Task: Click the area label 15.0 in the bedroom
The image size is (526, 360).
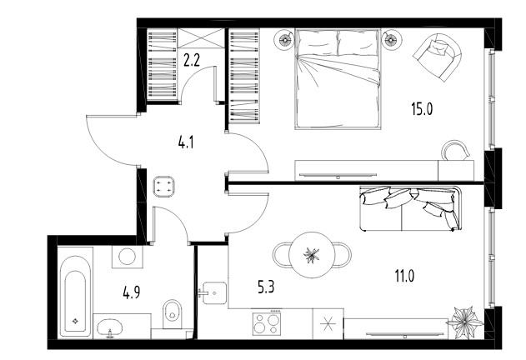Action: [x=422, y=109]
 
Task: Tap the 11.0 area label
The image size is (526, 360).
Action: [x=404, y=276]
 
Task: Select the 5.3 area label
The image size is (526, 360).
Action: [x=266, y=287]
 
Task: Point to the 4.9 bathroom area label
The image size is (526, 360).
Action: [x=132, y=292]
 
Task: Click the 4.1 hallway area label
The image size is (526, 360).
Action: [x=186, y=142]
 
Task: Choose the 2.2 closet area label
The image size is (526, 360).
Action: [x=192, y=60]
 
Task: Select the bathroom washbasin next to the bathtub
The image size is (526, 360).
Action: [x=109, y=327]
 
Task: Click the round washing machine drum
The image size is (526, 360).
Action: [x=128, y=257]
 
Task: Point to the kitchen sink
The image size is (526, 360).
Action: [x=215, y=292]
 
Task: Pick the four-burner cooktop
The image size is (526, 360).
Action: [x=267, y=323]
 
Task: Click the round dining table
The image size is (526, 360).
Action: [x=312, y=255]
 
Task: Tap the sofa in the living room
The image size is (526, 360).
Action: [x=410, y=208]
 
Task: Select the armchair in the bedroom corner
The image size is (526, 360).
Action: [x=438, y=57]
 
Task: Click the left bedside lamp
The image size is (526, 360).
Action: [x=285, y=40]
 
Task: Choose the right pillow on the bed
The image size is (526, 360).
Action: [x=357, y=42]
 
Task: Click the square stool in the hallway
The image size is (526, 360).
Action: [x=163, y=187]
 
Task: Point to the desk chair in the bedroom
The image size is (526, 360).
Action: [x=455, y=150]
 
